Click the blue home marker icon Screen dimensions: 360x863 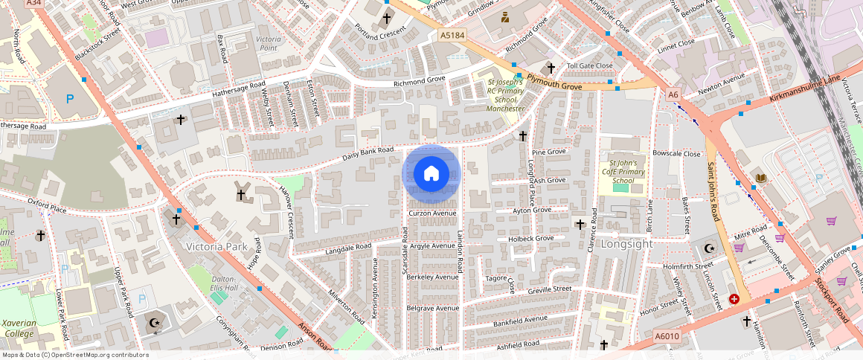[431, 174]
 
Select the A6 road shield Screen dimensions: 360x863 [673, 95]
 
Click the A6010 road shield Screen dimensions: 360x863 [667, 337]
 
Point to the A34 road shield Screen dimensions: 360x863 [33, 3]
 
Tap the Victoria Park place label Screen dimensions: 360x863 [216, 246]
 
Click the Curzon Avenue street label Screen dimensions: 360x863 [431, 213]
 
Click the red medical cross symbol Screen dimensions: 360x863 [734, 299]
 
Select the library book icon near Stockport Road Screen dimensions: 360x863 [760, 177]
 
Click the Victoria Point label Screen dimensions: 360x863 [268, 42]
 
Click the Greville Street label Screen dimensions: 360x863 [549, 289]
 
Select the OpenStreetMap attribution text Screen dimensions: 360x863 [74, 355]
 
